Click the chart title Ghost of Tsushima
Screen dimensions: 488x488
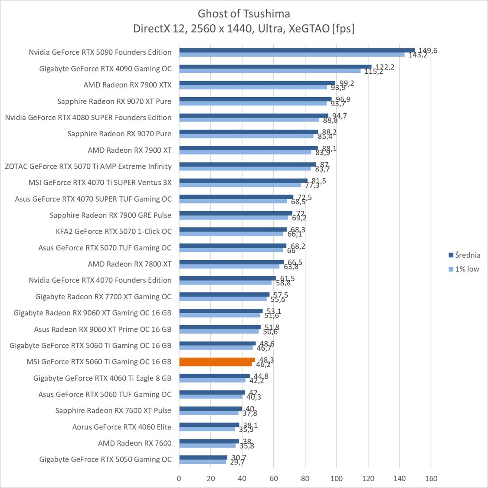[244, 13]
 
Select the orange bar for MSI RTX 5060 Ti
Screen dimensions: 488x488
[217, 360]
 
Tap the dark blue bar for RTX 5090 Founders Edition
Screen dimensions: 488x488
[297, 50]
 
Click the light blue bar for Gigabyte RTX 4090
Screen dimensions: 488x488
[270, 71]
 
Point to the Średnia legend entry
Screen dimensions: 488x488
[464, 255]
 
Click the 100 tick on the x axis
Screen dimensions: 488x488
[336, 478]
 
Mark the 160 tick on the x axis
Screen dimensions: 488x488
[431, 478]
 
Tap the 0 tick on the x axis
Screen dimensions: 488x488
[179, 478]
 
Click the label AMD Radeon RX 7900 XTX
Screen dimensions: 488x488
[128, 85]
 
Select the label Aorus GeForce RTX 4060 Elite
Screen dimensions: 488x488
[122, 427]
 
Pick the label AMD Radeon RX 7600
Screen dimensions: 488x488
[135, 443]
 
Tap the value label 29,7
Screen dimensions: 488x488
[236, 462]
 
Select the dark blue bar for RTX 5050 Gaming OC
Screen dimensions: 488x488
[203, 457]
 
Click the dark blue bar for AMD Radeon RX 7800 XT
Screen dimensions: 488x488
[231, 262]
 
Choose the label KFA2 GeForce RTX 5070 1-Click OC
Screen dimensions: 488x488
[114, 231]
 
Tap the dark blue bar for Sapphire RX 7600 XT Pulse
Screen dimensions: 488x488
[210, 409]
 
